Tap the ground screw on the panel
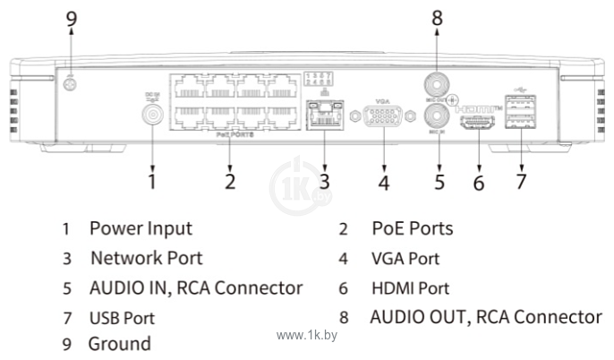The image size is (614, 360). [72, 85]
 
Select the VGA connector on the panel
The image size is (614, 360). [382, 116]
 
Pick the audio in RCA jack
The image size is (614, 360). [436, 115]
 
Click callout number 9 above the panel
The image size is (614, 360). [72, 20]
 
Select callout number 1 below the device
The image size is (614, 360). [153, 181]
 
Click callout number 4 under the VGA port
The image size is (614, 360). [383, 182]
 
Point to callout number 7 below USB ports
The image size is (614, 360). [520, 181]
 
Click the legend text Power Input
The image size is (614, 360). [141, 228]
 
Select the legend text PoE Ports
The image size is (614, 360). [412, 228]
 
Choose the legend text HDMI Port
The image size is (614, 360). [410, 288]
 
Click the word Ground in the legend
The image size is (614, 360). [119, 343]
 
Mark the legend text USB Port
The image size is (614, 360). [121, 318]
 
